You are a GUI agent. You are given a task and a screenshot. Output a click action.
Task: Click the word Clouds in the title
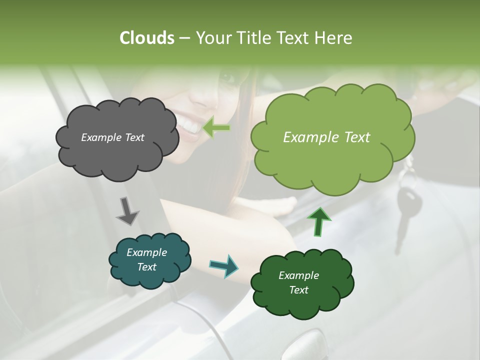coord(147,38)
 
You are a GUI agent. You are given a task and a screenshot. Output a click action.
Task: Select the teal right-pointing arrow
coord(224,265)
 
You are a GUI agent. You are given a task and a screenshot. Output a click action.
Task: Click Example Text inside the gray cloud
coord(112,137)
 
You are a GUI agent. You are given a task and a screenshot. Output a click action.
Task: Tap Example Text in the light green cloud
coord(326,137)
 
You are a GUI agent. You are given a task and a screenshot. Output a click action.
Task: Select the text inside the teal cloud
coord(146,260)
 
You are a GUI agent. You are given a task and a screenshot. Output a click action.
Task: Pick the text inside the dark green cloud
coord(298,283)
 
